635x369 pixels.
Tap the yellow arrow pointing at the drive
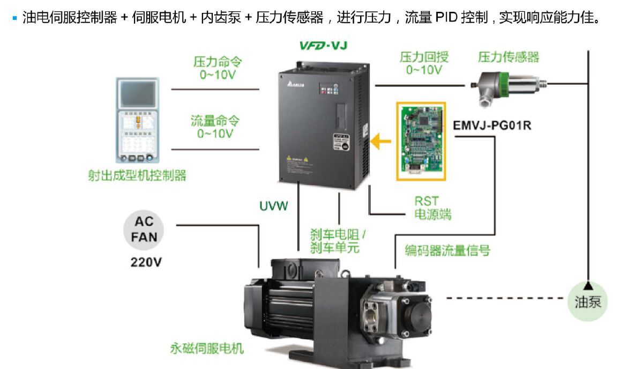pyautogui.click(x=382, y=142)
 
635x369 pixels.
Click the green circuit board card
pyautogui.click(x=421, y=141)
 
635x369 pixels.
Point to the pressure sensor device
pyautogui.click(x=508, y=85)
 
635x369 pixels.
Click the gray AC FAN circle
pyautogui.click(x=144, y=229)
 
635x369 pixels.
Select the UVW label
pyautogui.click(x=274, y=205)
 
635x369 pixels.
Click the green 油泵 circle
pyautogui.click(x=588, y=302)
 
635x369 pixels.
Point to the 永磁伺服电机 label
pyautogui.click(x=207, y=349)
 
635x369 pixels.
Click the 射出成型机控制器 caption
pyautogui.click(x=137, y=175)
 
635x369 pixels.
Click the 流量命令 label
pyautogui.click(x=215, y=121)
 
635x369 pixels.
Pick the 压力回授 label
pyautogui.click(x=424, y=57)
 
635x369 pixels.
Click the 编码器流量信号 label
pyautogui.click(x=447, y=250)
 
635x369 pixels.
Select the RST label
pyautogui.click(x=427, y=201)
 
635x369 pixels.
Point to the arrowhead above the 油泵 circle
pyautogui.click(x=588, y=285)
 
